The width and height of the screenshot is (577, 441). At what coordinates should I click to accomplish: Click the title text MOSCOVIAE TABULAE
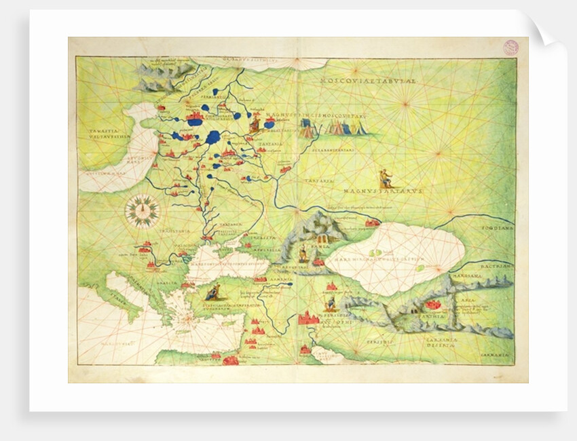point(369,81)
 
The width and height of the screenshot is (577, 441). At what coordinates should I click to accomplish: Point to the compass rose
point(143,211)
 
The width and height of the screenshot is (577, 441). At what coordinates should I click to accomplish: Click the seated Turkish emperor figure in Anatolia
point(212,293)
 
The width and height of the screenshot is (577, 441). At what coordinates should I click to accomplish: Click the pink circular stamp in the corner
point(510,47)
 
